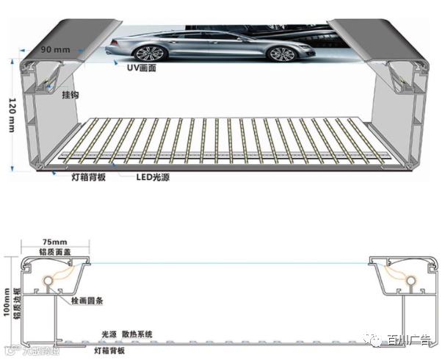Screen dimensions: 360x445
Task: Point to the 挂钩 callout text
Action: coord(71,95)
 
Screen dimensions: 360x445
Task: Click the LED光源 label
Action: coord(154,177)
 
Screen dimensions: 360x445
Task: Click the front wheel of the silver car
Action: coord(148,54)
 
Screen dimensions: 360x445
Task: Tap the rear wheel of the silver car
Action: coord(280,53)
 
